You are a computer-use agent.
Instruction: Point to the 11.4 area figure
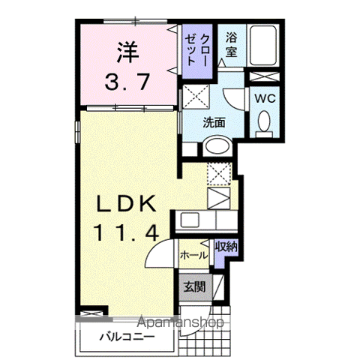point(124,232)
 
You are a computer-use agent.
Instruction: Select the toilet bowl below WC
point(263,121)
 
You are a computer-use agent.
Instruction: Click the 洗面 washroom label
point(214,123)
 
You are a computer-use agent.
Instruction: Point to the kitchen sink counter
point(199,220)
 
